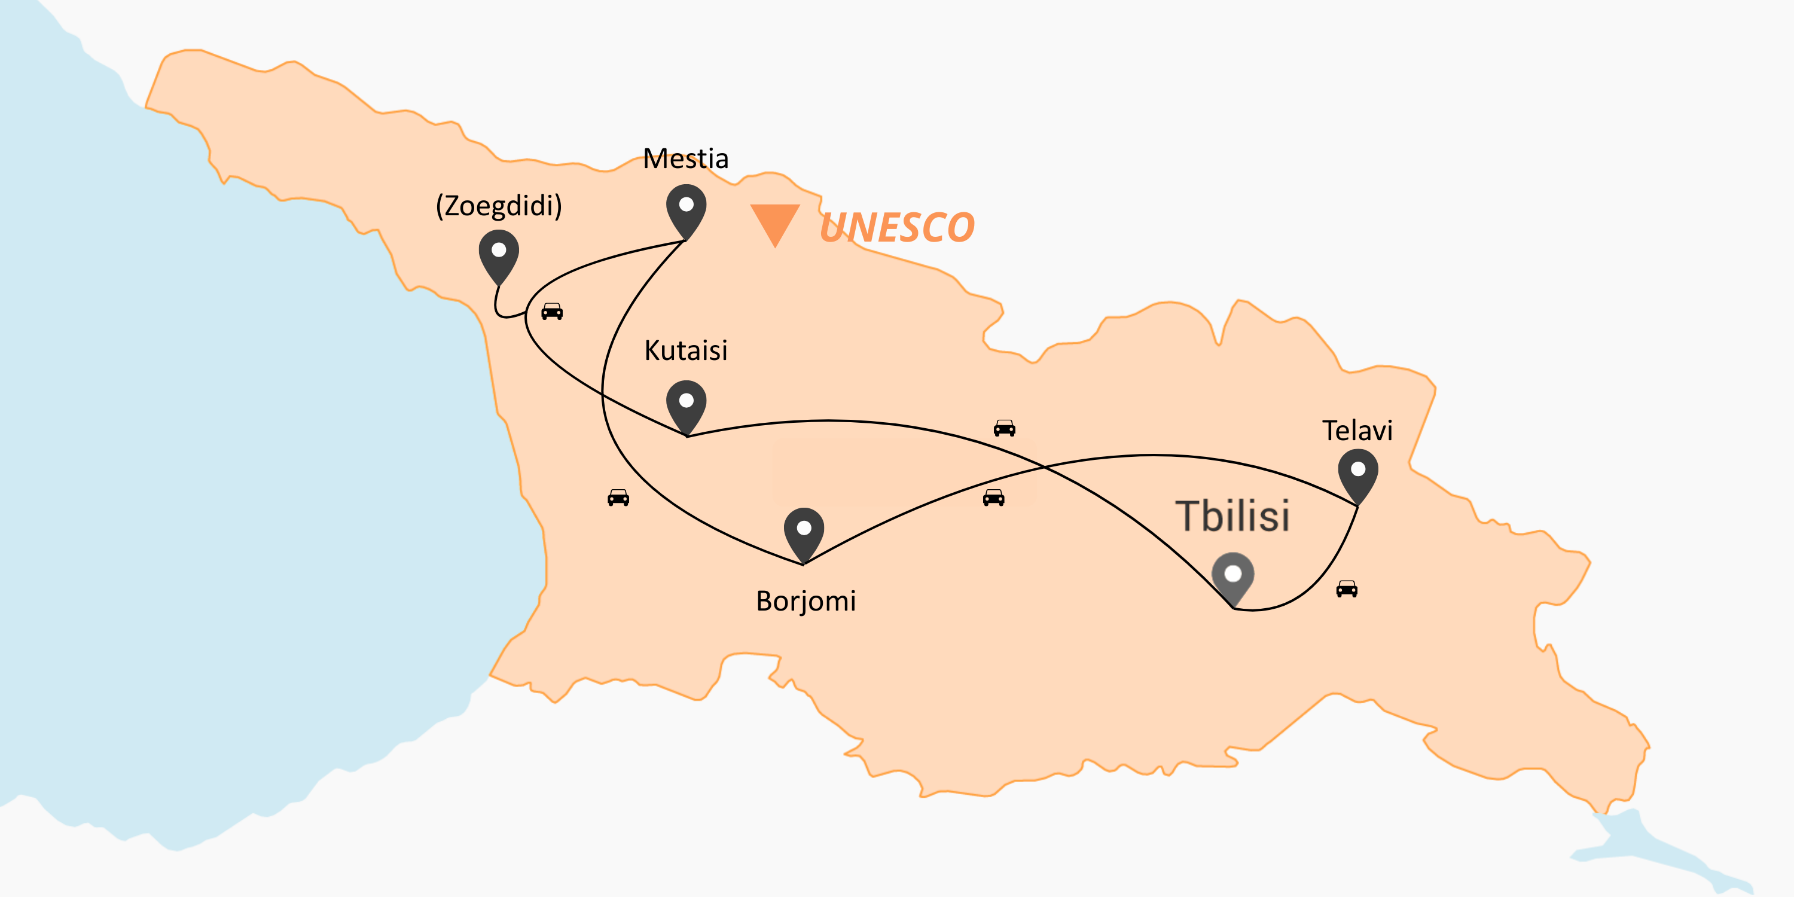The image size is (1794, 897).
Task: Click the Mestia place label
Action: [685, 159]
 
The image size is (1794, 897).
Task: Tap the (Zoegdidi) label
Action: [499, 206]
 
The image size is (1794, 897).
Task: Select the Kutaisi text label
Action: [685, 350]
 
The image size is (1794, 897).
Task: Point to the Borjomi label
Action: [806, 601]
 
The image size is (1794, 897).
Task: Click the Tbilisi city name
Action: [1232, 516]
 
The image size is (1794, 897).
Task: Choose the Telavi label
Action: [1357, 431]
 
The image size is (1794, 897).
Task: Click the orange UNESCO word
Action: [897, 228]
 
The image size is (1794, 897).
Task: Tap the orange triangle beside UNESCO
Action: [774, 221]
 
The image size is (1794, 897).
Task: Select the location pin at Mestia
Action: [686, 209]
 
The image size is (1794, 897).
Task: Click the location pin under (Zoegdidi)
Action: [499, 254]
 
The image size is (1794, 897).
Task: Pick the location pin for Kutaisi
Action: [686, 405]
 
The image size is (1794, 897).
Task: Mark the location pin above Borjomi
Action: [804, 532]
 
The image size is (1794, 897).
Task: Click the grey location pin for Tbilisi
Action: [1232, 577]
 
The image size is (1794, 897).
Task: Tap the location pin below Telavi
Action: [1357, 474]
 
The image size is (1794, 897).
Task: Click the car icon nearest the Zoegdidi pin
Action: [551, 312]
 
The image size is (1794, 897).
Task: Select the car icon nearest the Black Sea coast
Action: [618, 498]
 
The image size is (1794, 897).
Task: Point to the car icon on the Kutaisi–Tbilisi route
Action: [1004, 428]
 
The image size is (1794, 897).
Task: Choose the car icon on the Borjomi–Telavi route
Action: [993, 498]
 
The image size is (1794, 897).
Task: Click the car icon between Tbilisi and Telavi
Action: [1346, 589]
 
